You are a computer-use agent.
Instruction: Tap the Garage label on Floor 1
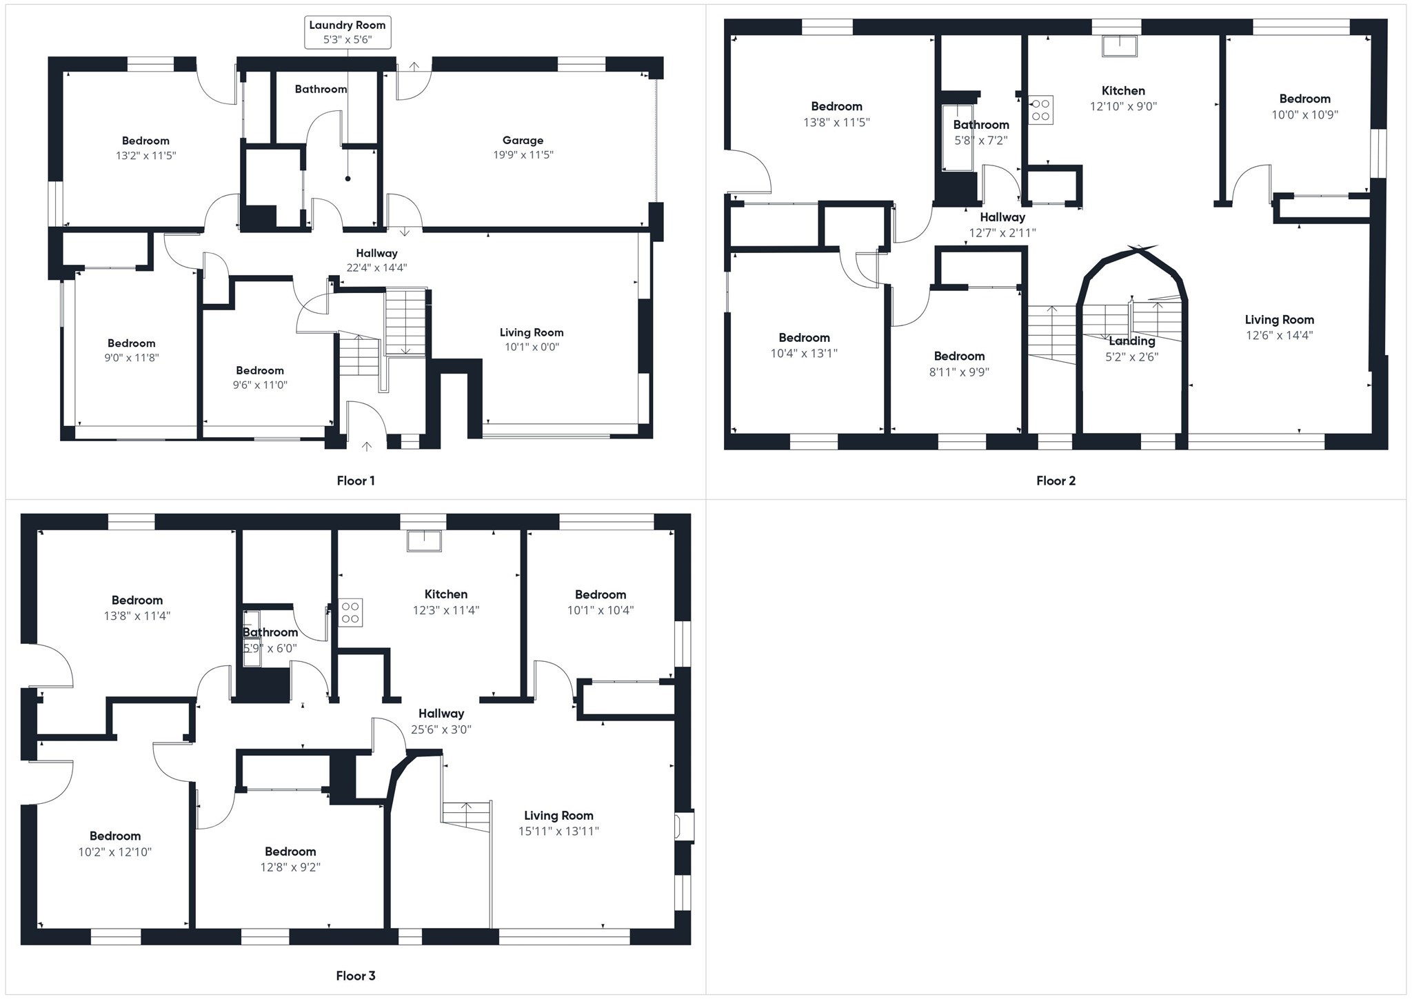pyautogui.click(x=523, y=141)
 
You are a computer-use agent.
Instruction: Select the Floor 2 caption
pyautogui.click(x=1056, y=481)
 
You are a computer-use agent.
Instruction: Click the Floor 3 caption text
pyautogui.click(x=356, y=976)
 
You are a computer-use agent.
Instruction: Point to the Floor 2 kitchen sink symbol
pyautogui.click(x=1120, y=46)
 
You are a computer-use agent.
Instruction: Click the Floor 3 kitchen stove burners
pyautogui.click(x=350, y=612)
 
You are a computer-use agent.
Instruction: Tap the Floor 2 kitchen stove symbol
pyautogui.click(x=1040, y=110)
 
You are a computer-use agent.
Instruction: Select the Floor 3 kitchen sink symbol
pyautogui.click(x=424, y=541)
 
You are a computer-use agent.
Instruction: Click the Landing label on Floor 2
pyautogui.click(x=1131, y=341)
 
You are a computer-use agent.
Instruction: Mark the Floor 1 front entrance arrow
pyautogui.click(x=367, y=447)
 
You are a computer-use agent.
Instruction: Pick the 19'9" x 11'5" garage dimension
pyautogui.click(x=523, y=155)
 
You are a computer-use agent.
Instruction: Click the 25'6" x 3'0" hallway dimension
pyautogui.click(x=441, y=729)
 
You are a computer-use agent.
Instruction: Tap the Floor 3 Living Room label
pyautogui.click(x=558, y=816)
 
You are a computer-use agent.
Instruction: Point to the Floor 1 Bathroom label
pyautogui.click(x=321, y=89)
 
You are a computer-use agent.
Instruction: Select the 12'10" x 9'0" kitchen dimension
pyautogui.click(x=1123, y=106)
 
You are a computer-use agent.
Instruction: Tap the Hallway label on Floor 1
pyautogui.click(x=376, y=253)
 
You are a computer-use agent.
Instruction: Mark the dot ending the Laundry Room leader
pyautogui.click(x=347, y=179)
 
